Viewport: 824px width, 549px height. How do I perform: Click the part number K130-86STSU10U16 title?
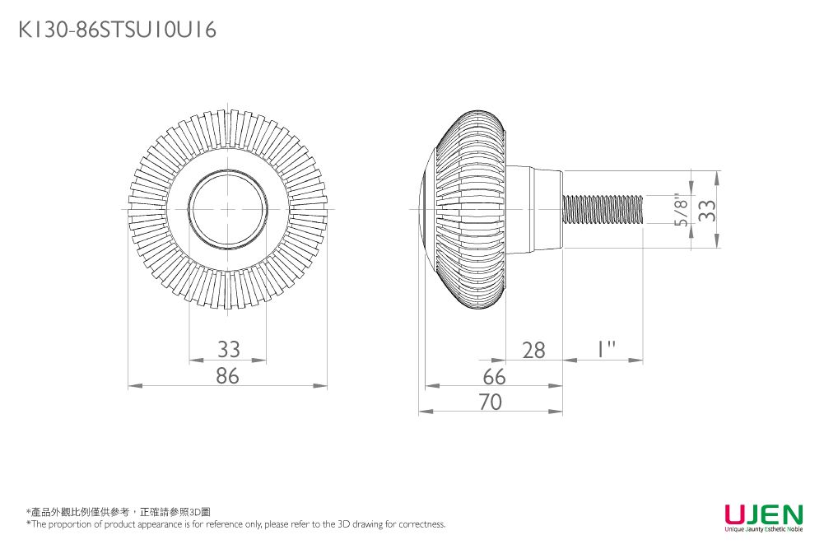pyautogui.click(x=117, y=31)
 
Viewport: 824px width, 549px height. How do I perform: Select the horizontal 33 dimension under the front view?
pyautogui.click(x=228, y=349)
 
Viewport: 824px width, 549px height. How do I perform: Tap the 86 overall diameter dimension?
pyautogui.click(x=228, y=375)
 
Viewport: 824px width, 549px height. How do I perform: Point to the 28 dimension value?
pyautogui.click(x=533, y=350)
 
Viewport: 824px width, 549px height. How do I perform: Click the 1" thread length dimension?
pyautogui.click(x=607, y=349)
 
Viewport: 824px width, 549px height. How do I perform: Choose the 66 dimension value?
pyautogui.click(x=494, y=376)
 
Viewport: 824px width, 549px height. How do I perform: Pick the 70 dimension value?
pyautogui.click(x=491, y=402)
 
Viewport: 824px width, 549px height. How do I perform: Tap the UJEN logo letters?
pyautogui.click(x=763, y=514)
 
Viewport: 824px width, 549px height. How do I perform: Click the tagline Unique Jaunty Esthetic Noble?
pyautogui.click(x=763, y=528)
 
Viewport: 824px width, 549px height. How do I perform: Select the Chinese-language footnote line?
pyautogui.click(x=119, y=512)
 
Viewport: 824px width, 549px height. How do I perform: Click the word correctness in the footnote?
pyautogui.click(x=421, y=524)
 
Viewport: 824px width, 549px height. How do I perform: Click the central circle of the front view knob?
pyautogui.click(x=228, y=209)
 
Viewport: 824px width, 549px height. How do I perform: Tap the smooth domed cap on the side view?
pyautogui.click(x=426, y=209)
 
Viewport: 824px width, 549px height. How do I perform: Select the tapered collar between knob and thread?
pyautogui.click(x=533, y=209)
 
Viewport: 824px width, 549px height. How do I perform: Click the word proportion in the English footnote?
pyautogui.click(x=70, y=524)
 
